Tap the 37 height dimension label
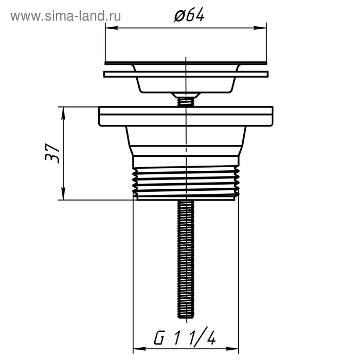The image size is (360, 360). [52, 153]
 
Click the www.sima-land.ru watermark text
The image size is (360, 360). [66, 16]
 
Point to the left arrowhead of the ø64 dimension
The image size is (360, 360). [112, 28]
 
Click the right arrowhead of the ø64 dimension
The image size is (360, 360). [260, 28]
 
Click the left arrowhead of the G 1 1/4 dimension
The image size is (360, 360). [139, 349]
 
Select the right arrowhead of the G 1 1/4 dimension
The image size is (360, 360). [232, 349]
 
